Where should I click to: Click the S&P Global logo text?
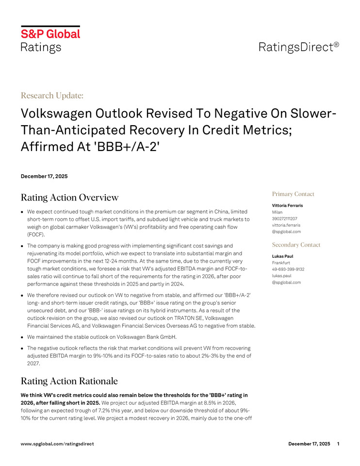50,34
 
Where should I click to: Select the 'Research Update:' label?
52,95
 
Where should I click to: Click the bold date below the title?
44,176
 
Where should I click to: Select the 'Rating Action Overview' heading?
69,197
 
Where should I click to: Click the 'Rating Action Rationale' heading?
69,381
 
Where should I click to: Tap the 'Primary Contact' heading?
293,194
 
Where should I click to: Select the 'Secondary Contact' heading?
296,245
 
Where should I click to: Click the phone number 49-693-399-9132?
288,269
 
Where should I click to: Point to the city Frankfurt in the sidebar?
281,263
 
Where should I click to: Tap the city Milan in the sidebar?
278,212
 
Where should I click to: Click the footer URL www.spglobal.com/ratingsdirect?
57,444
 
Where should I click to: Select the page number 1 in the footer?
338,444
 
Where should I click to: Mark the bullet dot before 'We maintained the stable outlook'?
22,337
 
